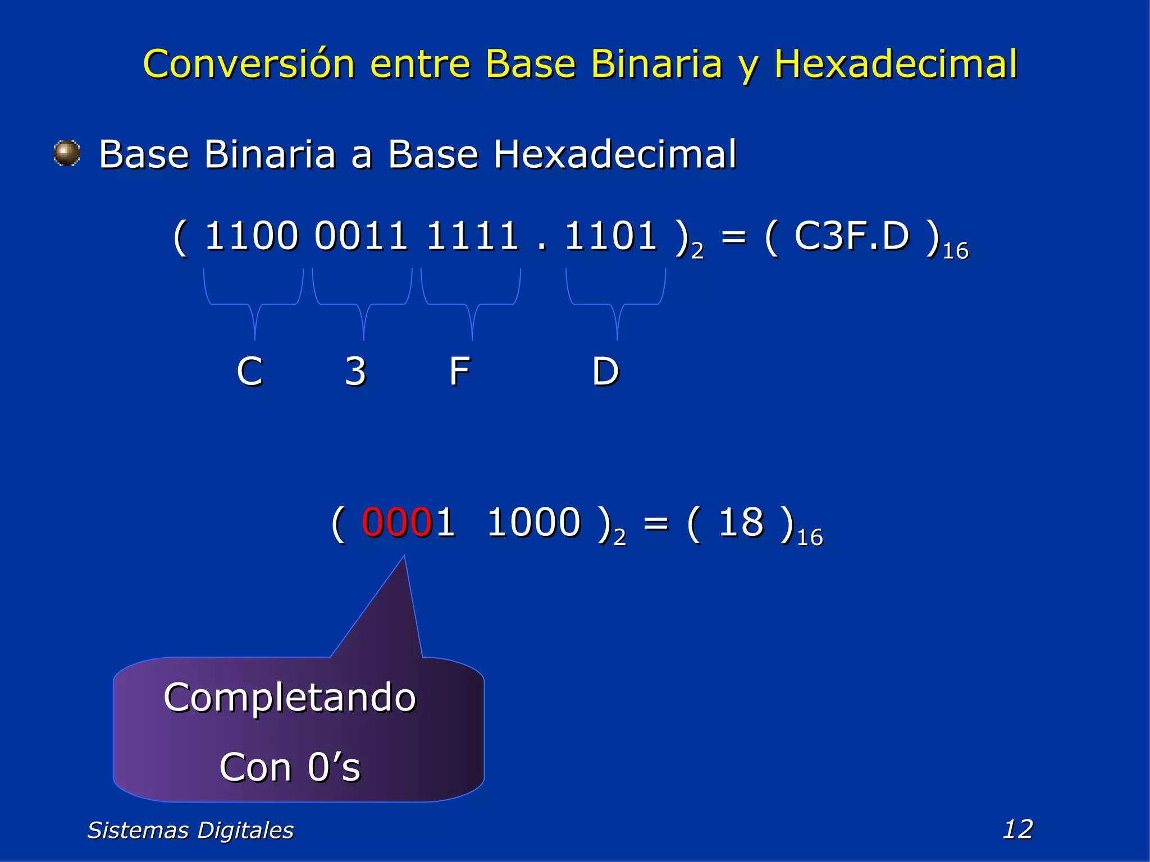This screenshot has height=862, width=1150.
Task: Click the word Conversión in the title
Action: coord(249,63)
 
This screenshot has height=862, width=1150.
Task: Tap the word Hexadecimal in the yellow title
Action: coord(896,63)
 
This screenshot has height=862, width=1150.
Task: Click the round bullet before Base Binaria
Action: coord(67,153)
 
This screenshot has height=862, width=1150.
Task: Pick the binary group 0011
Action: coord(360,236)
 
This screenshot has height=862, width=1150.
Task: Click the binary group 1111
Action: coord(472,236)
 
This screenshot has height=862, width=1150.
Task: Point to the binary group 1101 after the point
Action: coord(610,236)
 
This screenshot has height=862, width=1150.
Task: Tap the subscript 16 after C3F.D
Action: coord(955,251)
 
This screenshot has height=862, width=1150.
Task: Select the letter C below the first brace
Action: coord(249,372)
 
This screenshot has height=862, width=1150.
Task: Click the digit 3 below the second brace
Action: coord(355,372)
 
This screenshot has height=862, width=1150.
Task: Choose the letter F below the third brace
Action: coord(459,372)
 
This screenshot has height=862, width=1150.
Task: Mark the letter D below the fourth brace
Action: coord(605,372)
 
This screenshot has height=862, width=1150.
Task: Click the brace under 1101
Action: coord(616,304)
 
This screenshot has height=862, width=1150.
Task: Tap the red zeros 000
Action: coord(396,522)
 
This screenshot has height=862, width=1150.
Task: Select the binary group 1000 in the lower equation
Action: coord(533,522)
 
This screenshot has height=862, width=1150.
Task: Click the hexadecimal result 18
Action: coord(741,522)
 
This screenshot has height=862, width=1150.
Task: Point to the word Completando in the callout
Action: coord(290,698)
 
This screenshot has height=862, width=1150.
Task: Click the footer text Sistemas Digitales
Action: coord(190,830)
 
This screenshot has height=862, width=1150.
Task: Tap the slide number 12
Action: coord(1017,829)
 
